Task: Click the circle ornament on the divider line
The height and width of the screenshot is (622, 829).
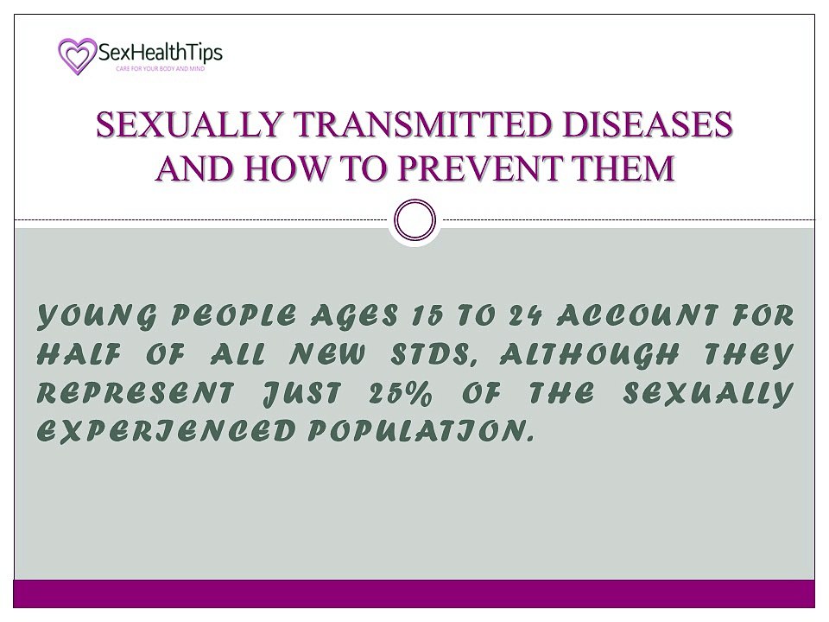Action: click(414, 220)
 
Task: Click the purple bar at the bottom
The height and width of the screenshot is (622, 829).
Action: click(414, 594)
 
